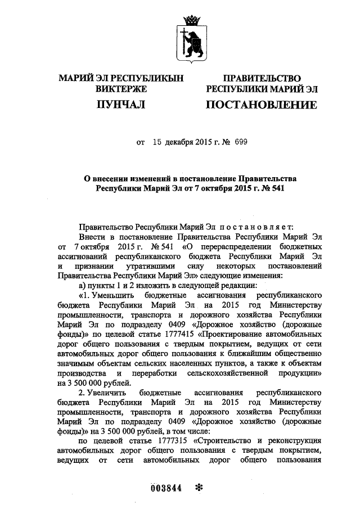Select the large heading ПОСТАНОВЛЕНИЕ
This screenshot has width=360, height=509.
click(x=260, y=105)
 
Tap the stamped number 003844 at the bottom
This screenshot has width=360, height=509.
click(x=166, y=488)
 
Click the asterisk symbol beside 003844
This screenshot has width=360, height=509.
click(x=197, y=487)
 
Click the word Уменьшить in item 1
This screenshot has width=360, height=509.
click(x=110, y=295)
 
